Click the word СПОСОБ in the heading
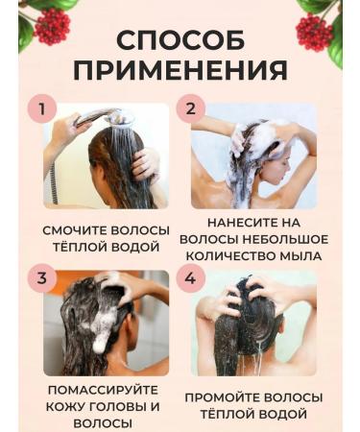tap(180, 39)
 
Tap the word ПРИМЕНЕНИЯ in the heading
tap(180, 71)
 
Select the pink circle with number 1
tap(40, 108)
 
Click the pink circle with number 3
tap(40, 279)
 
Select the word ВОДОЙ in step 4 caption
tap(294, 415)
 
